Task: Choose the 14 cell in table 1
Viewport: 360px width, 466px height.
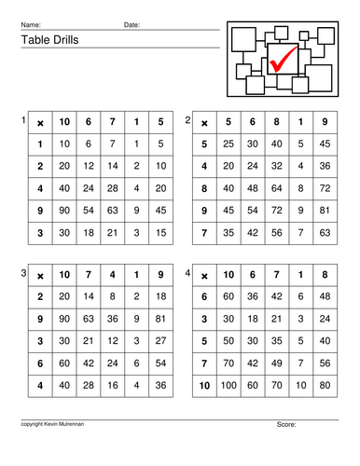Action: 112,166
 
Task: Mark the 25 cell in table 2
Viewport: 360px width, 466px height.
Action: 227,144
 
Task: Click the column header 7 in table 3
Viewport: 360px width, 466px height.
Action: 88,273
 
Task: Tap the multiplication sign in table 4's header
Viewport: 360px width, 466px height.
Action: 203,273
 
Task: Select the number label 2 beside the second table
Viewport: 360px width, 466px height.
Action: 187,120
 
